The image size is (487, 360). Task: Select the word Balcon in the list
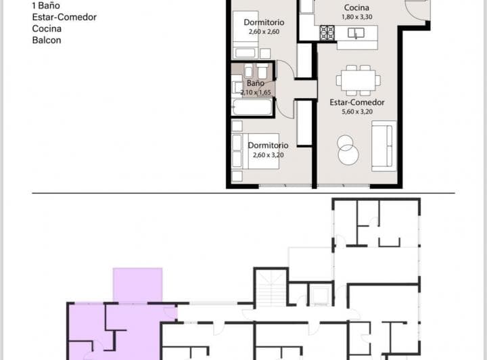pyautogui.click(x=47, y=41)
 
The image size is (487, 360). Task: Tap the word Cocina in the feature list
pyautogui.click(x=47, y=28)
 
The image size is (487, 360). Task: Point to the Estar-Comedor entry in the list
pyautogui.click(x=64, y=17)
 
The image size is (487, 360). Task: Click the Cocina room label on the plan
pyautogui.click(x=356, y=7)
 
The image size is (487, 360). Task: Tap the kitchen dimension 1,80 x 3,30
pyautogui.click(x=356, y=16)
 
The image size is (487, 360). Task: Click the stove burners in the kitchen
pyautogui.click(x=327, y=32)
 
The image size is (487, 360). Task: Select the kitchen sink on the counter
pyautogui.click(x=353, y=32)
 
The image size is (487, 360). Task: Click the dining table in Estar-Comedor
pyautogui.click(x=356, y=80)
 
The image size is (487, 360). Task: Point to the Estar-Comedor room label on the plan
pyautogui.click(x=356, y=103)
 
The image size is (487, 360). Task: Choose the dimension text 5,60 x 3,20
pyautogui.click(x=356, y=112)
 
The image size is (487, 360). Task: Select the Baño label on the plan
pyautogui.click(x=255, y=83)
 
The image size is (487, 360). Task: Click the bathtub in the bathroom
pyautogui.click(x=252, y=107)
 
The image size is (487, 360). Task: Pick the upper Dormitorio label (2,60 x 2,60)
pyautogui.click(x=264, y=22)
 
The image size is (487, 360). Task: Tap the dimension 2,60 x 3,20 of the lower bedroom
pyautogui.click(x=268, y=155)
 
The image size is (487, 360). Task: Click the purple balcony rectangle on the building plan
pyautogui.click(x=137, y=285)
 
